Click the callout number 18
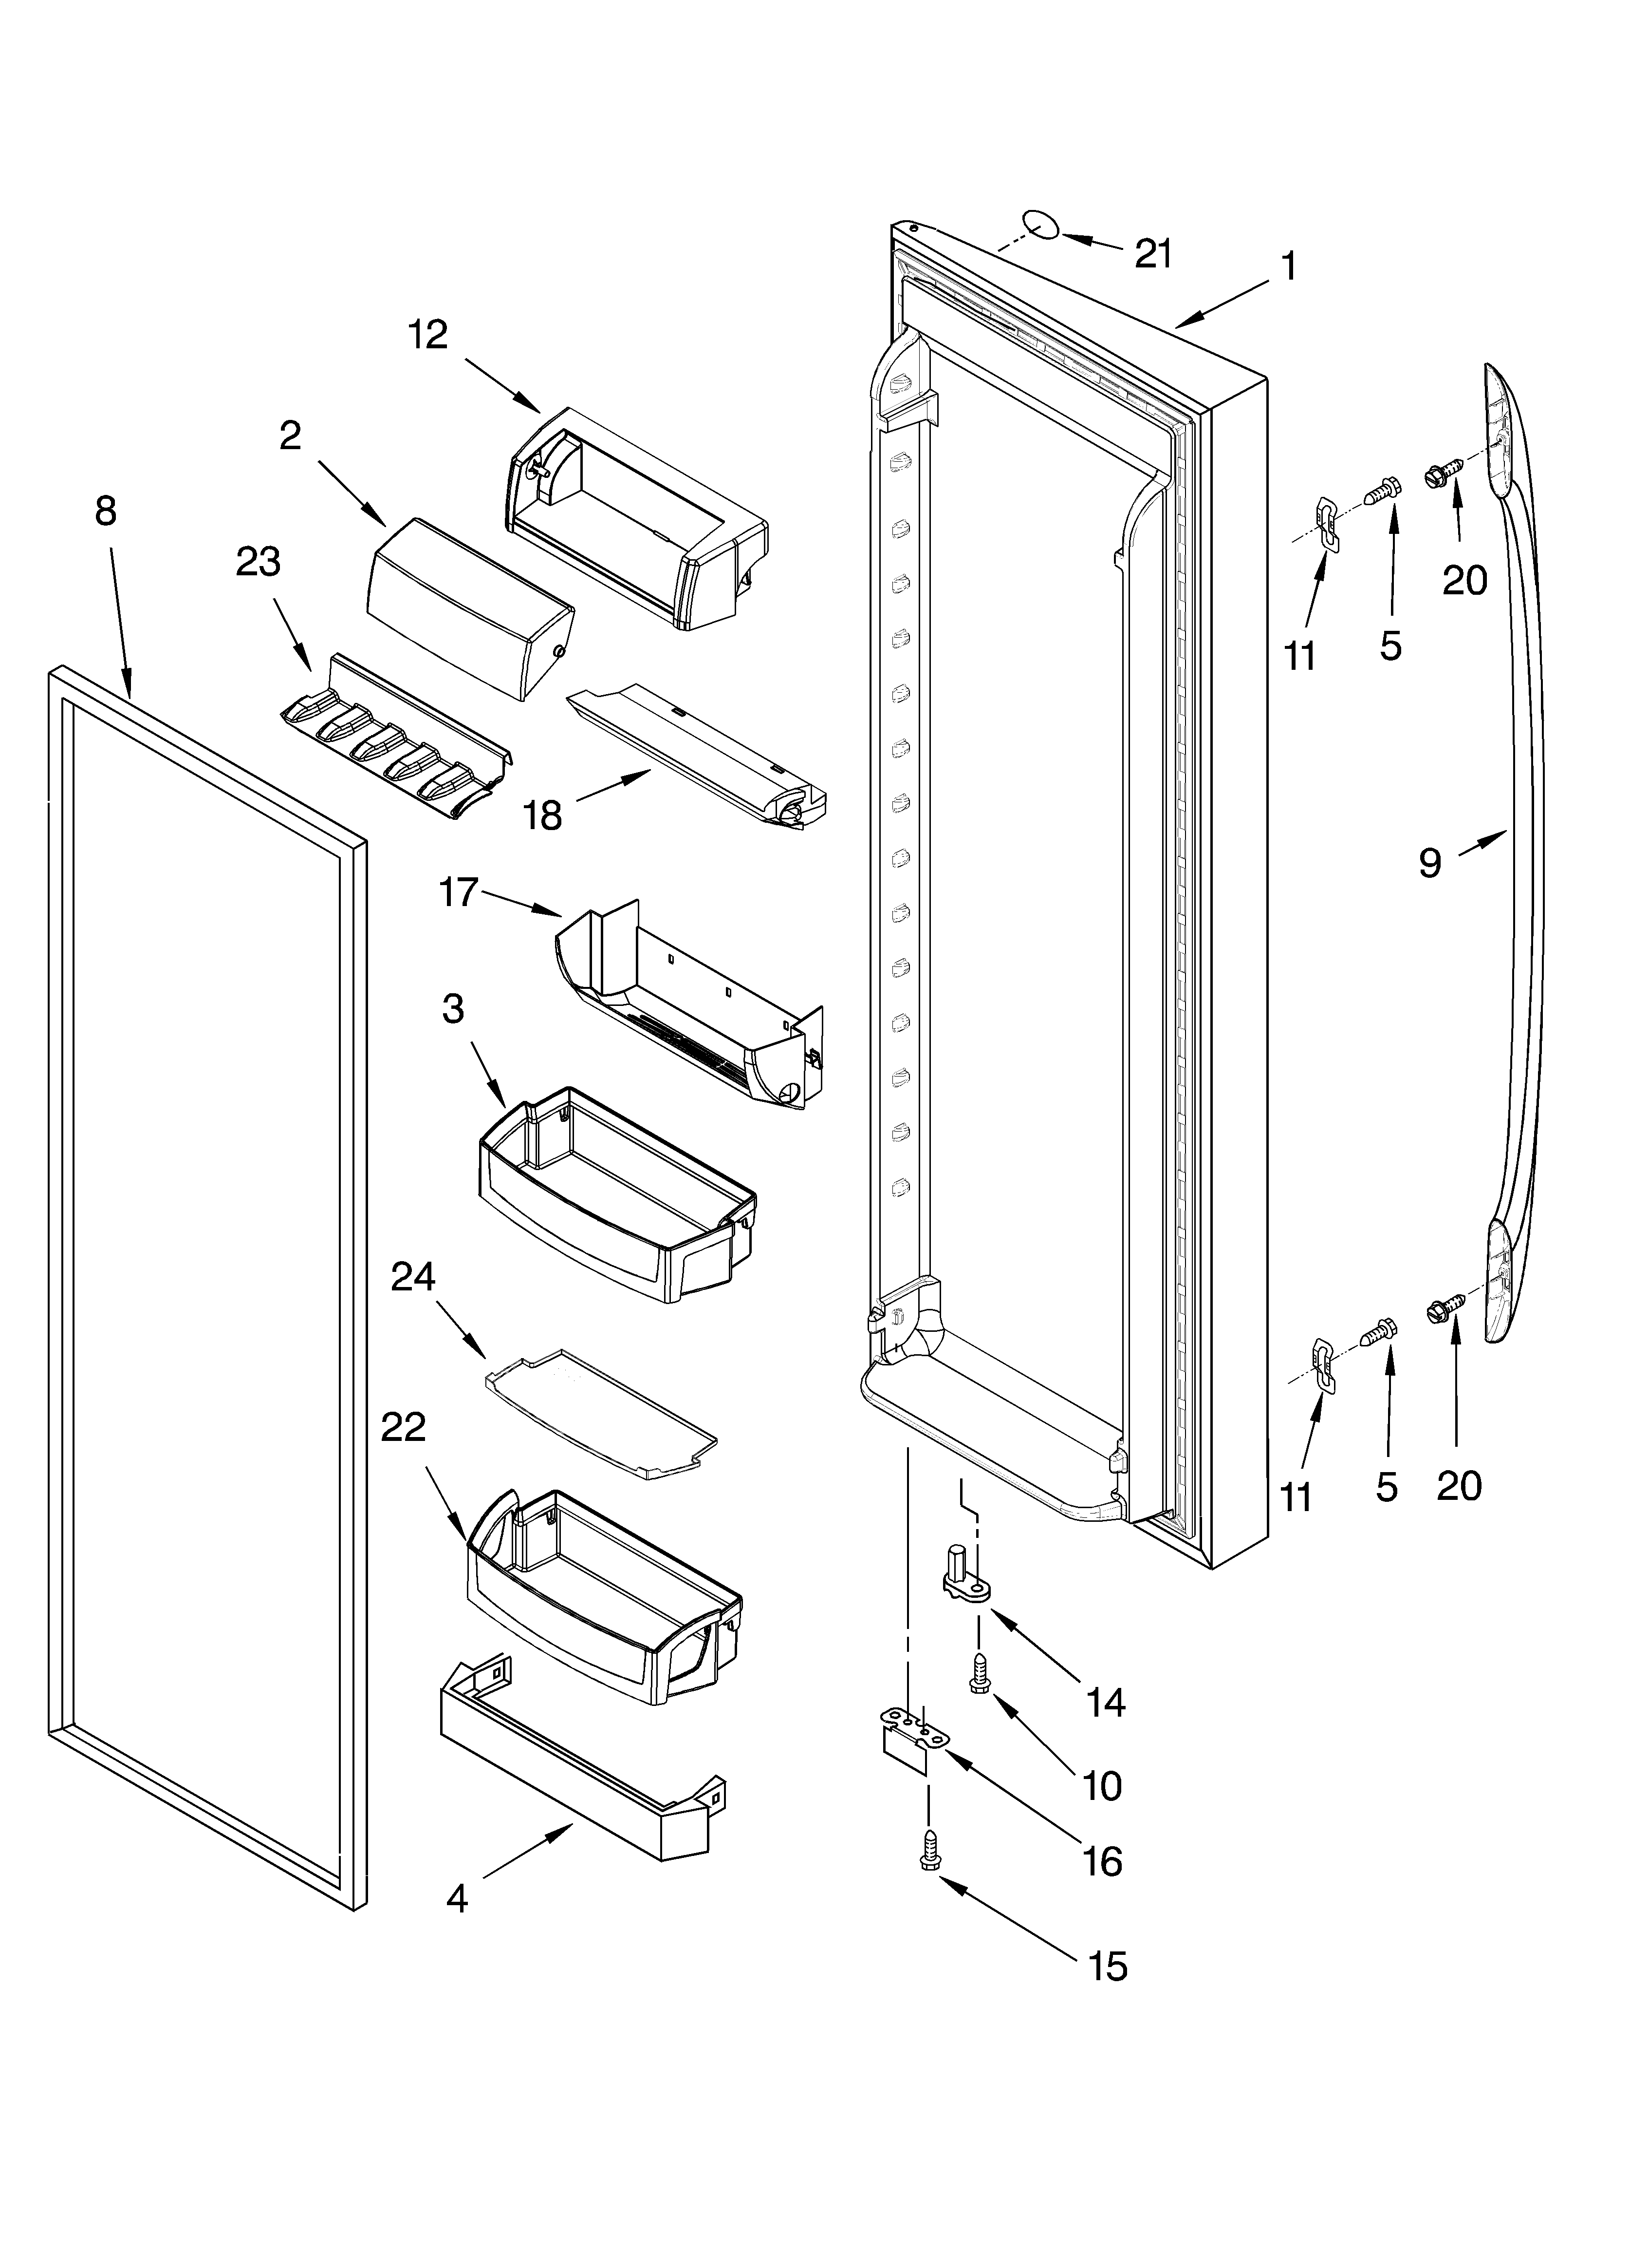pos(543,815)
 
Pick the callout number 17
pos(459,892)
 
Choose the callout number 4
pos(457,1898)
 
